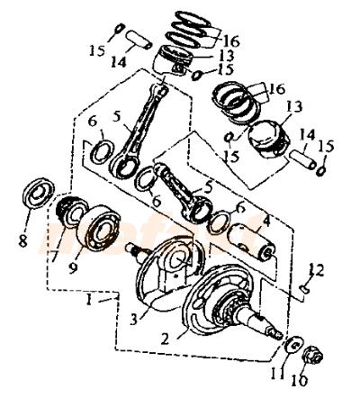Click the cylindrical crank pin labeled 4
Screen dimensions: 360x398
[250, 242]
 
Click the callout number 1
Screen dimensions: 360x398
[89, 300]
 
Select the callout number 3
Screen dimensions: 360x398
[134, 320]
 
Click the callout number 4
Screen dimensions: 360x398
[266, 222]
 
